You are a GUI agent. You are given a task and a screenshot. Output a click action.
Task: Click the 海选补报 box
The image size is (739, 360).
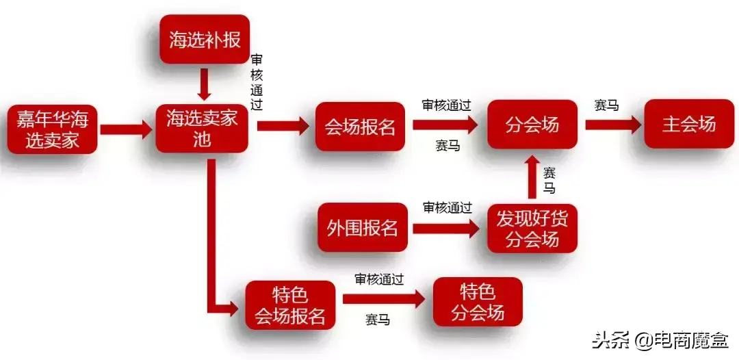pos(205,40)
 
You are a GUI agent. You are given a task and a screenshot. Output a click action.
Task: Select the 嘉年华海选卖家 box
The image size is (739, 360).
pos(53,129)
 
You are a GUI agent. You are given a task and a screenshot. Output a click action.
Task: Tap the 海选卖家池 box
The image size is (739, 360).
pos(202,128)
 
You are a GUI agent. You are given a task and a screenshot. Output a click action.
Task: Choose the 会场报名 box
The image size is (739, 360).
pos(360,127)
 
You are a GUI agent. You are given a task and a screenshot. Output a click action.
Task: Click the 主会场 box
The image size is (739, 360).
pos(688,124)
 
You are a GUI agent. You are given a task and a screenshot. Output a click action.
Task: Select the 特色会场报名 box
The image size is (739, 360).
pos(290,305)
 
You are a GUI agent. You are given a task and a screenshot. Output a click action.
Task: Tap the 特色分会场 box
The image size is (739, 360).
pos(478,303)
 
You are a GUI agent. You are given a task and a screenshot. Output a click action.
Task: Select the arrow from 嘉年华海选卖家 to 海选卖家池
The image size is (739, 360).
pos(126,129)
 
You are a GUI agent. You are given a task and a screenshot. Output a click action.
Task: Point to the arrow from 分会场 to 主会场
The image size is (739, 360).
pos(613,125)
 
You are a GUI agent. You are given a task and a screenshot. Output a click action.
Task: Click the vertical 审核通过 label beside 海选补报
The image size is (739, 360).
pos(257,83)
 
